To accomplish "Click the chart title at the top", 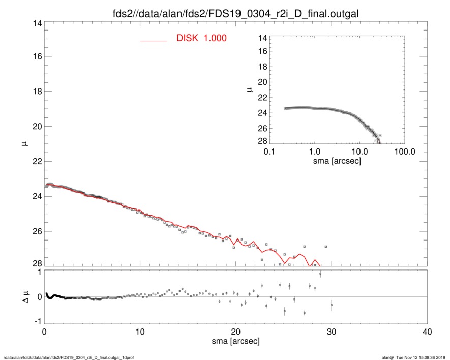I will tap(235, 14).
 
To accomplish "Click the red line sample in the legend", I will tap(154, 40).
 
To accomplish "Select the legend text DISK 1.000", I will tap(201, 38).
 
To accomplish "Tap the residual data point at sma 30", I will tap(332, 305).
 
